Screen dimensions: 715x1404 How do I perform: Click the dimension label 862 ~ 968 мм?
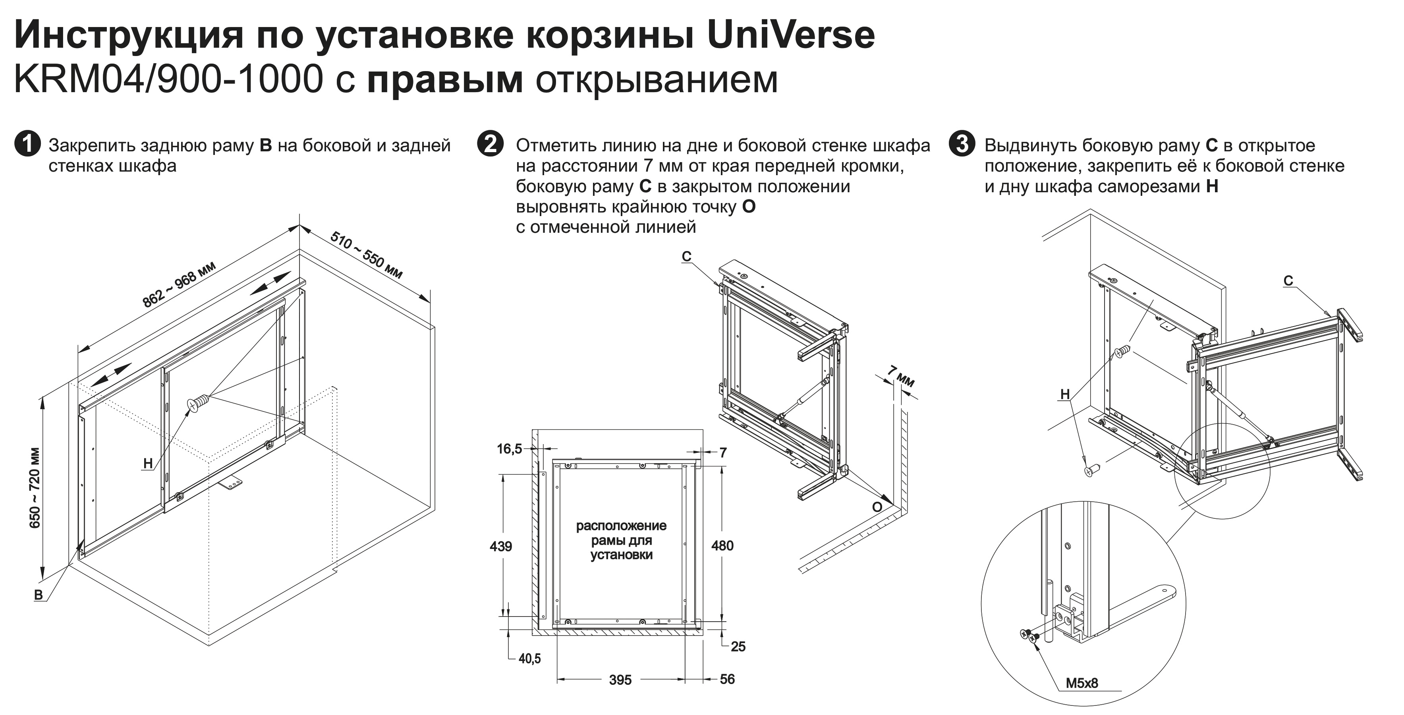179,284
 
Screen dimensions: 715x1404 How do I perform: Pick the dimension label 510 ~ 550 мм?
366,255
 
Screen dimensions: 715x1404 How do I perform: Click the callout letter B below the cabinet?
39,595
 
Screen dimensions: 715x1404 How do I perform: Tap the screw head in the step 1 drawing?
196,404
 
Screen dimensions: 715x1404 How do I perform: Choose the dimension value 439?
500,546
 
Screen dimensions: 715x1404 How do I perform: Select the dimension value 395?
620,680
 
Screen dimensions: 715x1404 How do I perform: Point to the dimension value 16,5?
509,448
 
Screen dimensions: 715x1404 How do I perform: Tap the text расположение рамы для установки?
621,540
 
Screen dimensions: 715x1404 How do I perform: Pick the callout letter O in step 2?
877,507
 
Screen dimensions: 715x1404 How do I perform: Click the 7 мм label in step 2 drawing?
900,377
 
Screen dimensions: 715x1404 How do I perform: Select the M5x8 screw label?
1082,683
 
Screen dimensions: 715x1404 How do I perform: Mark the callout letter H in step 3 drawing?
1065,394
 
